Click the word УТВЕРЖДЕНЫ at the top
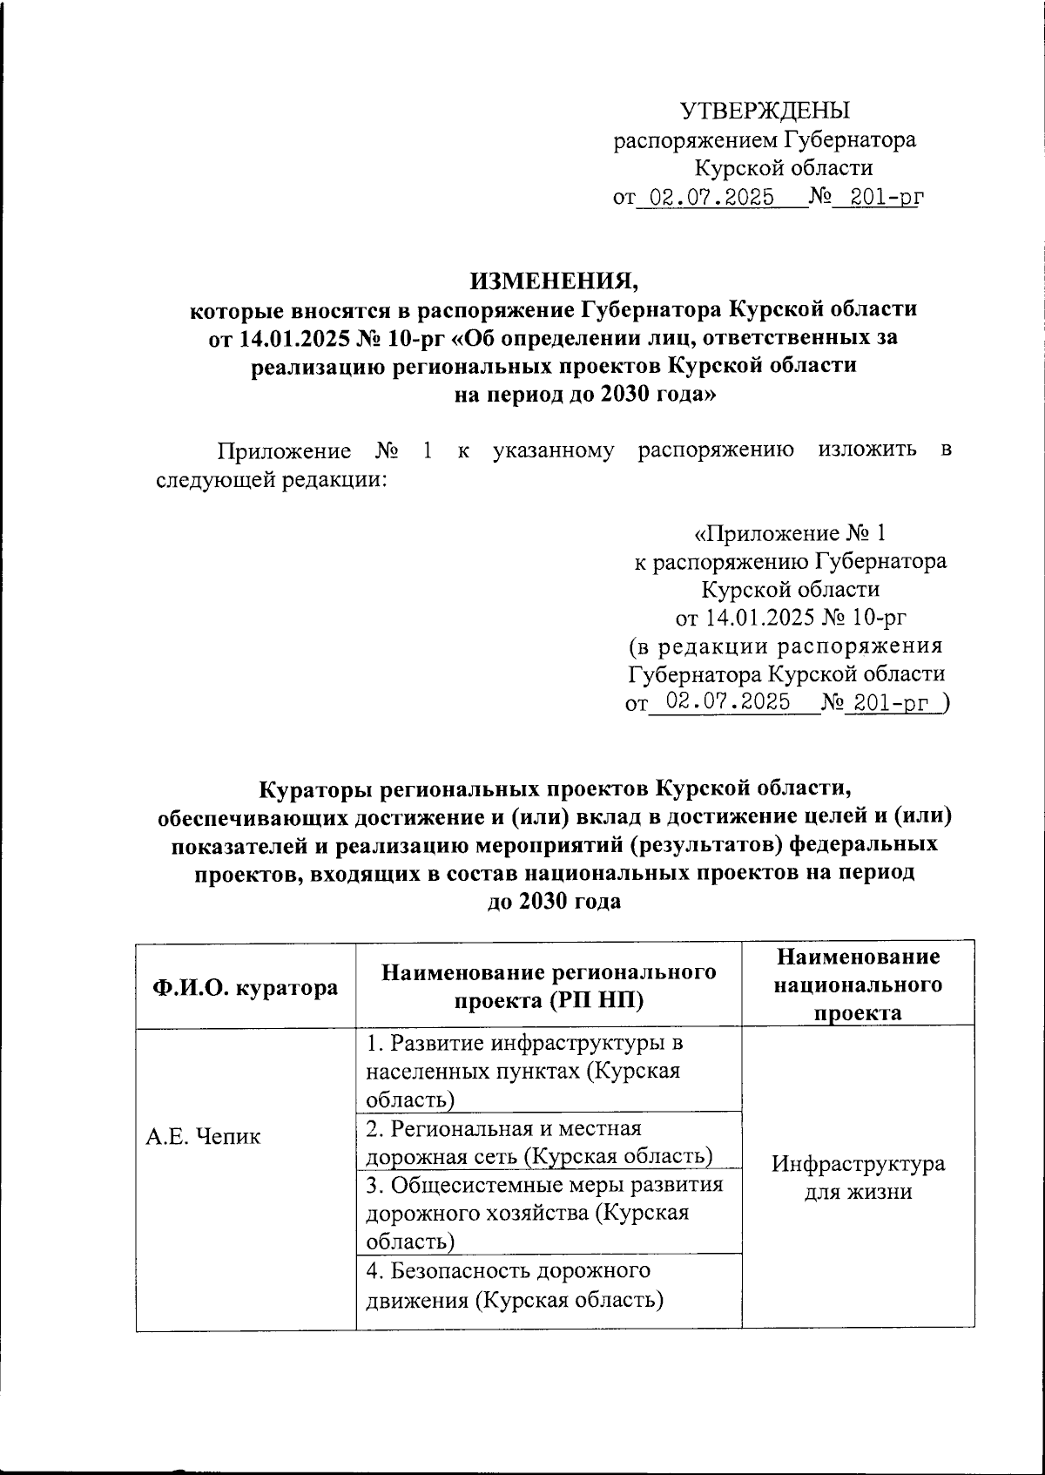pos(765,111)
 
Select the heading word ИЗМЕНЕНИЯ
pos(554,281)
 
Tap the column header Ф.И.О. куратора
pos(245,987)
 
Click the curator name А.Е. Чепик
pos(202,1137)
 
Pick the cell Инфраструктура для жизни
pos(858,1178)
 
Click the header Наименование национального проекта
pos(858,984)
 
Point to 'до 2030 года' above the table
pos(554,901)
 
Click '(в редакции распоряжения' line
pos(786,646)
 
